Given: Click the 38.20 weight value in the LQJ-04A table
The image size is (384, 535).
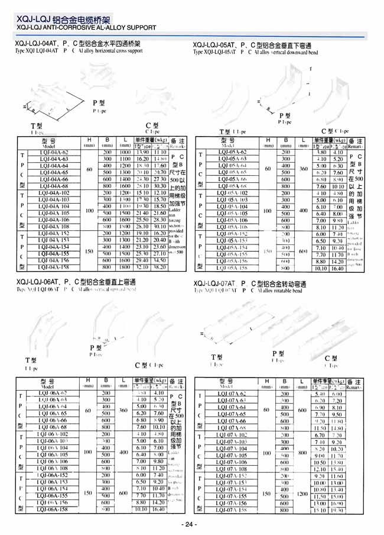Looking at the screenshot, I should [x=159, y=267].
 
